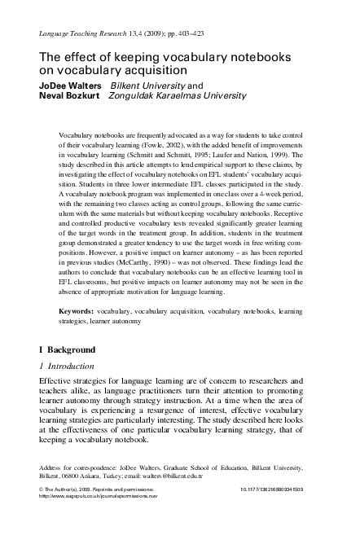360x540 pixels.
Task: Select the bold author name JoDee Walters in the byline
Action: [x=70, y=84]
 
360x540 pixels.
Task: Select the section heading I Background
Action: [x=67, y=349]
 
